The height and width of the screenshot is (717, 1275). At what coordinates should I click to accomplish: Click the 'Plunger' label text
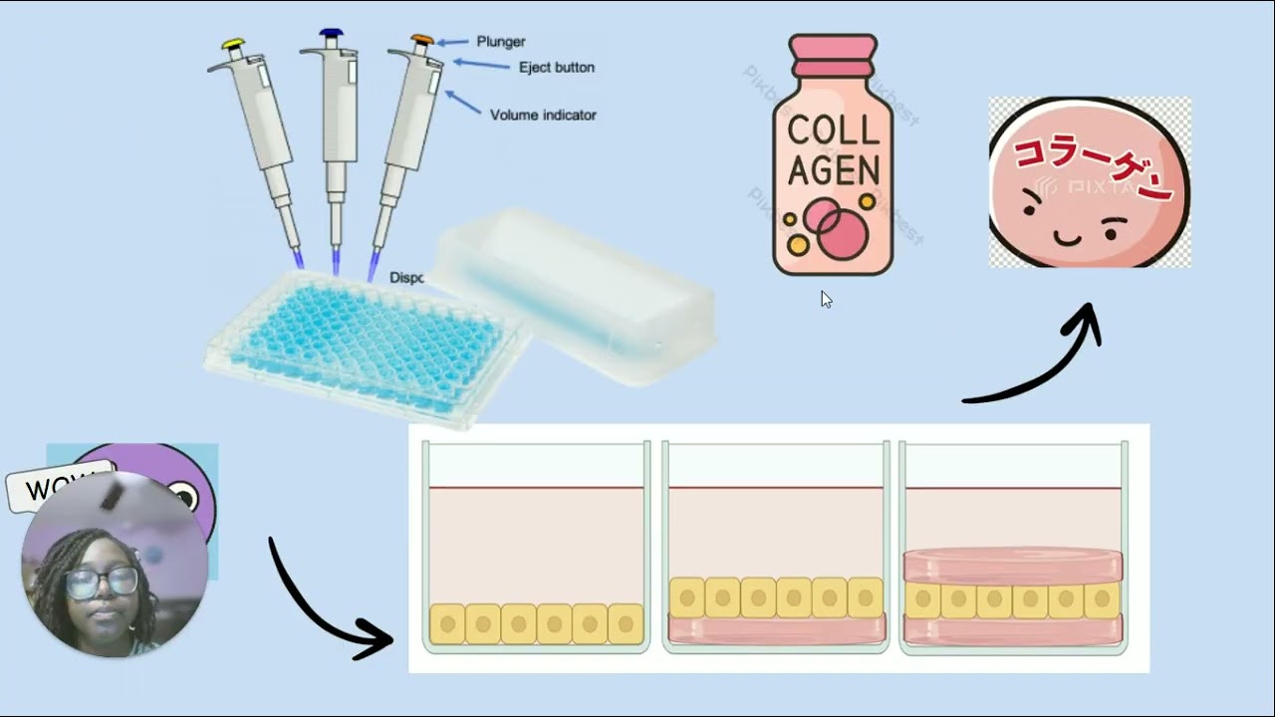pyautogui.click(x=501, y=42)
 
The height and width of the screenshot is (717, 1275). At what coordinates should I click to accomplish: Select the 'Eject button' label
pyautogui.click(x=556, y=68)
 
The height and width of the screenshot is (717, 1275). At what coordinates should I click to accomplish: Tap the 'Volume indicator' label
pyautogui.click(x=543, y=116)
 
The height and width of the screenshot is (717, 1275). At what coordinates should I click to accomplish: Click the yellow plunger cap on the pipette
pyautogui.click(x=233, y=44)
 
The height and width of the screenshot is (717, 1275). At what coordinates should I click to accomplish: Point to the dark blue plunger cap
pyautogui.click(x=331, y=34)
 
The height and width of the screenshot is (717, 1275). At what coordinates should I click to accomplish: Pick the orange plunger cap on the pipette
pyautogui.click(x=422, y=41)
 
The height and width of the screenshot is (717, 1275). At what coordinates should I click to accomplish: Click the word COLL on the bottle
pyautogui.click(x=834, y=129)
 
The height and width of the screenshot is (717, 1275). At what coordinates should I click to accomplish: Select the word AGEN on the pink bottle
pyautogui.click(x=834, y=171)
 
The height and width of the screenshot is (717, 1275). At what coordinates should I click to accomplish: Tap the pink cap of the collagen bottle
pyautogui.click(x=833, y=55)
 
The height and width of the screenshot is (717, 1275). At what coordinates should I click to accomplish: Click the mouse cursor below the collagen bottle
pyautogui.click(x=826, y=299)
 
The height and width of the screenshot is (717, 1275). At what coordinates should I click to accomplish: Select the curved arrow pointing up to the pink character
pyautogui.click(x=1046, y=358)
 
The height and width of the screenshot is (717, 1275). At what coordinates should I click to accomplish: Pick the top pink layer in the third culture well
pyautogui.click(x=1013, y=566)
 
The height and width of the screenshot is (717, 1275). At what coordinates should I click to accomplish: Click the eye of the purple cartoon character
pyautogui.click(x=185, y=495)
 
